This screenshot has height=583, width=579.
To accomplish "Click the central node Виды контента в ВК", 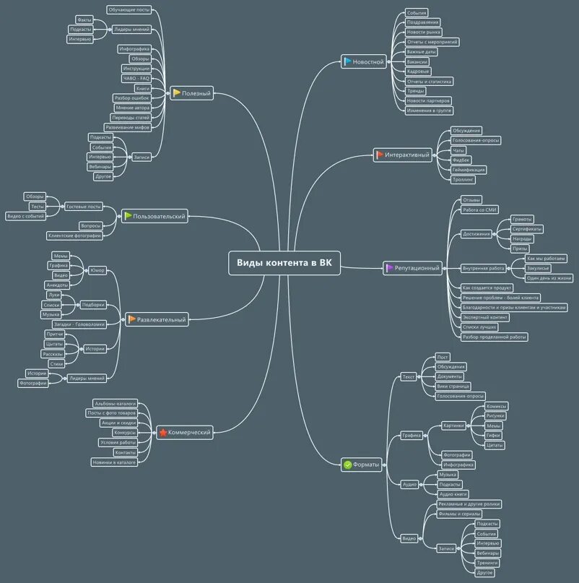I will pyautogui.click(x=284, y=264).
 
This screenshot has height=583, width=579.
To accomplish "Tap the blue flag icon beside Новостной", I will pyautogui.click(x=347, y=62).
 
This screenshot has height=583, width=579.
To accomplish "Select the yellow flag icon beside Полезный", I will pyautogui.click(x=177, y=93).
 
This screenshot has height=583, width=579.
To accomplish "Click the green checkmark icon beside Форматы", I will pyautogui.click(x=347, y=465).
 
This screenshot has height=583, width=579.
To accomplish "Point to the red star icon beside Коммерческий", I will pyautogui.click(x=163, y=433).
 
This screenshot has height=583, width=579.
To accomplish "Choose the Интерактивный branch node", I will pyautogui.click(x=402, y=155).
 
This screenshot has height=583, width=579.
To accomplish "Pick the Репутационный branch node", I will pyautogui.click(x=412, y=268).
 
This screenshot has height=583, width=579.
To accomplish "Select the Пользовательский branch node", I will pyautogui.click(x=154, y=216).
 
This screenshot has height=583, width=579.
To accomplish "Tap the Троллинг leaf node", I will pyautogui.click(x=465, y=179).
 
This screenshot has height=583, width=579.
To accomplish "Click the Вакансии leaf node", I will pyautogui.click(x=417, y=62).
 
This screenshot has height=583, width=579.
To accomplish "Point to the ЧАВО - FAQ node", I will pyautogui.click(x=136, y=78).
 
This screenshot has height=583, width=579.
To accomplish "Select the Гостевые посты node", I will pyautogui.click(x=84, y=207).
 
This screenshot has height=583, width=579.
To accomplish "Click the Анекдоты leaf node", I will pyautogui.click(x=56, y=285).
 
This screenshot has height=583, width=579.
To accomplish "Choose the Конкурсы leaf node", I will pyautogui.click(x=125, y=433).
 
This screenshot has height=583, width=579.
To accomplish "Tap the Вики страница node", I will pyautogui.click(x=453, y=386).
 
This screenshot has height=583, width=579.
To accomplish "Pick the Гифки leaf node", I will pyautogui.click(x=494, y=436).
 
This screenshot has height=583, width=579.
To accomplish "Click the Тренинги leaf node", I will pyautogui.click(x=487, y=563).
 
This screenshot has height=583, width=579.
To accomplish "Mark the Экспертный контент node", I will pyautogui.click(x=485, y=317).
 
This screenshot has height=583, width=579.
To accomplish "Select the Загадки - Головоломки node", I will pyautogui.click(x=79, y=324).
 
